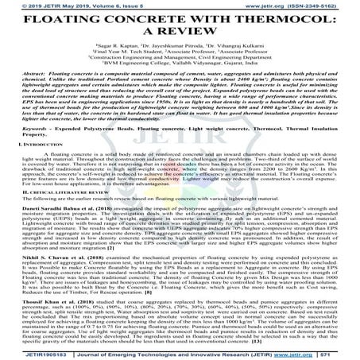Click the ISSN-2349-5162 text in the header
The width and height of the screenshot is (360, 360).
pos(317,4)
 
